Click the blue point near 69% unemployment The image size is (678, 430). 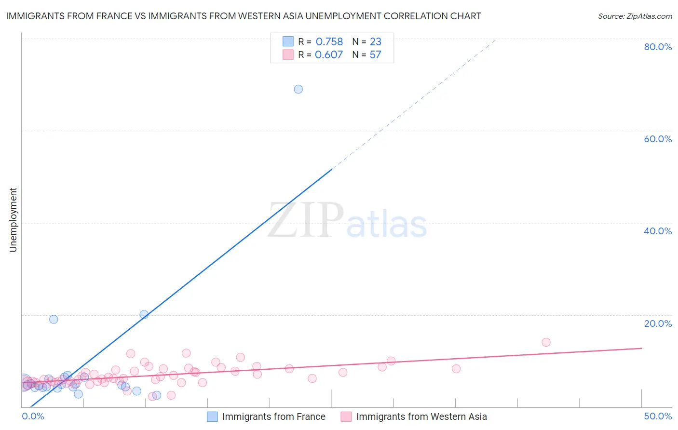(x=298, y=89)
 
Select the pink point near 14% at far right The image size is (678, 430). (x=546, y=342)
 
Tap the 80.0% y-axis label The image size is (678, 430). (x=658, y=47)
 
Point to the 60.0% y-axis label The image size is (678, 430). (x=658, y=139)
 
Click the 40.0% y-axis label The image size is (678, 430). (x=658, y=231)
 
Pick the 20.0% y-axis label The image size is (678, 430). (x=658, y=323)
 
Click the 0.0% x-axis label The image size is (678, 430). (x=33, y=416)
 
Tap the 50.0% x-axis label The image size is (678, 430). (x=658, y=416)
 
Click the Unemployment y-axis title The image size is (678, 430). (x=13, y=220)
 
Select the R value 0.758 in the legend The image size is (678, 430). (x=329, y=42)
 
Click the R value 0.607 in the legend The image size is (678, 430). (x=329, y=55)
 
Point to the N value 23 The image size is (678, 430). (x=376, y=42)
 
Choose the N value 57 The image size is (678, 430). (x=375, y=55)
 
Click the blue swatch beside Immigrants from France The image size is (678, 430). (x=212, y=417)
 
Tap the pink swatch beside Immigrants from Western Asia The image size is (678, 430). (x=346, y=417)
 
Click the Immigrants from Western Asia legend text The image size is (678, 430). (x=421, y=417)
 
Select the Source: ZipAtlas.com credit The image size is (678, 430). (x=635, y=16)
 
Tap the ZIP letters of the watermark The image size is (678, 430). (x=306, y=221)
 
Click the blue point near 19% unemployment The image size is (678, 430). (x=54, y=319)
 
